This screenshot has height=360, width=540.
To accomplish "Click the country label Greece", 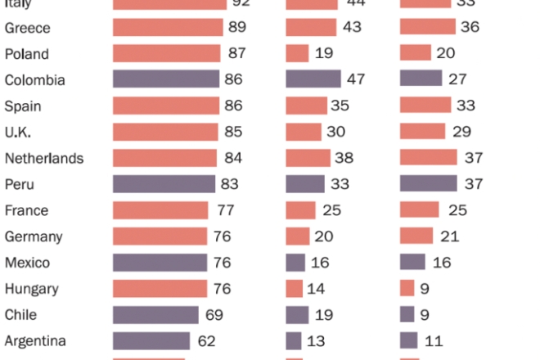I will point(27,28).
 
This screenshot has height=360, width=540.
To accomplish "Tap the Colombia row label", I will point(34,80).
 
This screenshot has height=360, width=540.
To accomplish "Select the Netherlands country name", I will point(44,158).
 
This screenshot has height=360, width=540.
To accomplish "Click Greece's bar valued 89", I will point(168,28).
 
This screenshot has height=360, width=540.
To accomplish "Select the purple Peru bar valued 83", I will point(164,184).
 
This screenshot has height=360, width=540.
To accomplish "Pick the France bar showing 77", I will point(160,210).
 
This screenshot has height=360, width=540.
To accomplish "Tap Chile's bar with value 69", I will point(155,314).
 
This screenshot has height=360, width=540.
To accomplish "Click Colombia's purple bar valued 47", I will point(313,80).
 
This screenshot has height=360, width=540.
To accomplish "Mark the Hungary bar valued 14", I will point(295,288).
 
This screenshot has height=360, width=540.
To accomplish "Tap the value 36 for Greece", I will point(470,28).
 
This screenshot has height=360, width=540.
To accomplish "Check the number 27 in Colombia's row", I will point(456,80).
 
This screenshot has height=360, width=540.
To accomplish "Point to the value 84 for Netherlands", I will point(231,158).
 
